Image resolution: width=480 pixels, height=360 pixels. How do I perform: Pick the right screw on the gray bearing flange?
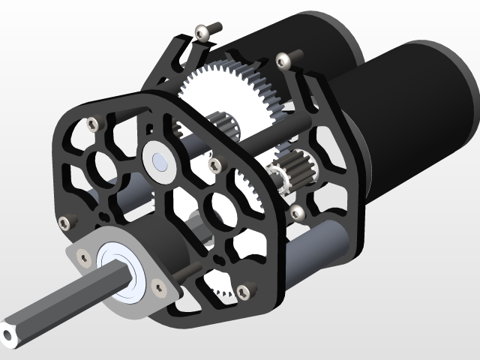[158, 286]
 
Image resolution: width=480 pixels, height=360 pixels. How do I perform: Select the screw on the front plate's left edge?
[64, 222]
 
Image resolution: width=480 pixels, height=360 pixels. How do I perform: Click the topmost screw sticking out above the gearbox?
[202, 31]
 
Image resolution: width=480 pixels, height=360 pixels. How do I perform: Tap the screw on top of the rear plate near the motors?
[283, 59]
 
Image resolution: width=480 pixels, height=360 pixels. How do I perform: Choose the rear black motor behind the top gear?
[315, 37]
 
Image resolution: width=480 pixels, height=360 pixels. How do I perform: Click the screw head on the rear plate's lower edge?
[298, 211]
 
